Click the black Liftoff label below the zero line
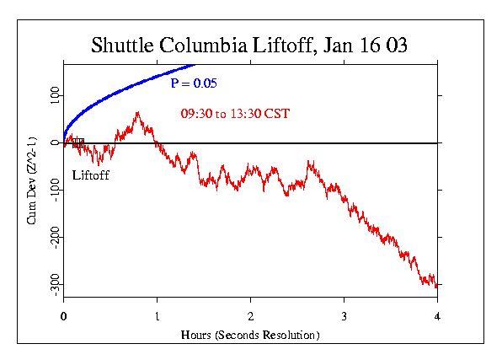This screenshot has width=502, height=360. (91, 175)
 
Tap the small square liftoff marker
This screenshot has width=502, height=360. (77, 142)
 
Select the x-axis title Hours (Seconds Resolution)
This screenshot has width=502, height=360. (250, 335)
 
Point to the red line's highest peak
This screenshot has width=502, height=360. (137, 112)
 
